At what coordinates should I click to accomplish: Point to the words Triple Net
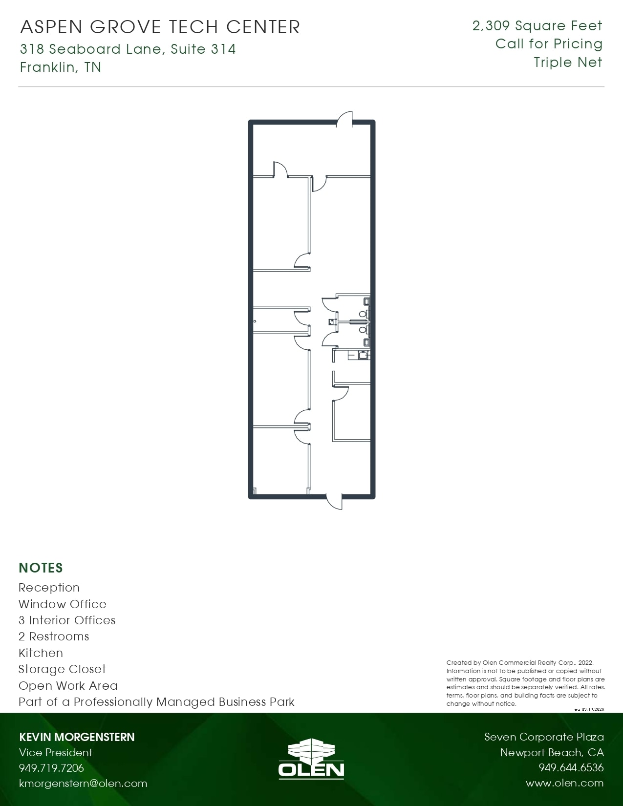[568, 63]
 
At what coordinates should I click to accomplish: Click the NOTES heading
[41, 568]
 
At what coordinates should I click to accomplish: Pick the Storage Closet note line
[62, 669]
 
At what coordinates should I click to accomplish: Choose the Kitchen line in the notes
[41, 653]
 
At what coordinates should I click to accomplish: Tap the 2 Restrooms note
[54, 636]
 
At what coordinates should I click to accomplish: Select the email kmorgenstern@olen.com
[83, 784]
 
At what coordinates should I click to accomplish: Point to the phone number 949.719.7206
[51, 768]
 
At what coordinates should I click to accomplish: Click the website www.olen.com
[564, 784]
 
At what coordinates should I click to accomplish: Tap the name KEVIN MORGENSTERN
[77, 737]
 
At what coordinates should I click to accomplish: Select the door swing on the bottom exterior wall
[334, 502]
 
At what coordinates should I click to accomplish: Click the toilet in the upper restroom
[363, 313]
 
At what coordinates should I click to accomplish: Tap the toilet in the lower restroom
[363, 330]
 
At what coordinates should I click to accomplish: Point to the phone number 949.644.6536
[571, 768]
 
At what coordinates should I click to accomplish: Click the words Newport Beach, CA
[552, 753]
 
